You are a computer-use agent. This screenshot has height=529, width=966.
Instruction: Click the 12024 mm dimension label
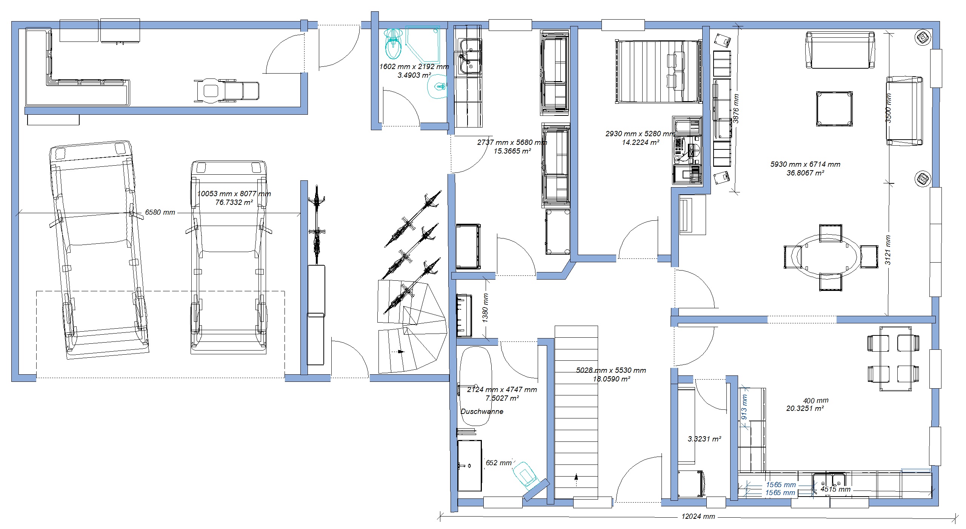[698, 517]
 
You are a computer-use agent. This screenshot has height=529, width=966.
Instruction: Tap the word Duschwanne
[482, 412]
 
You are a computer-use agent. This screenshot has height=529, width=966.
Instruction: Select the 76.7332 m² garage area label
[234, 202]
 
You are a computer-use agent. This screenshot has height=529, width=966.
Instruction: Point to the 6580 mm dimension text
[160, 212]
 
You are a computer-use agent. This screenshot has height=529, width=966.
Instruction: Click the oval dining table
[826, 257]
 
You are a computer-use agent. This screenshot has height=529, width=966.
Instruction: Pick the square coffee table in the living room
[834, 109]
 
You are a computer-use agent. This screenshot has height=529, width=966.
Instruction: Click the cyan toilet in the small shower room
[394, 44]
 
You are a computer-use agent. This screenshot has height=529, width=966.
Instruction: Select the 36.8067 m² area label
[805, 173]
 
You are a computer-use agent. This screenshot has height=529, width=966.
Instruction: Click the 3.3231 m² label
[704, 439]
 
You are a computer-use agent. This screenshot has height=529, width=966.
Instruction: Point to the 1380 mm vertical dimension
[485, 308]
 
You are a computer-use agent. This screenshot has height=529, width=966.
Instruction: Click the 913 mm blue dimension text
[744, 407]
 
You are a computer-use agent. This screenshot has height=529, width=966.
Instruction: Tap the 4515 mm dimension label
[835, 489]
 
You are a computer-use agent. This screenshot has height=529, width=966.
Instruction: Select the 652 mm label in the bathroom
[498, 463]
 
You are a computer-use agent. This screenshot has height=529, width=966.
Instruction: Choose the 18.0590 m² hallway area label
[611, 379]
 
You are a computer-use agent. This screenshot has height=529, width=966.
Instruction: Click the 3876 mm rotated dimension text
[735, 109]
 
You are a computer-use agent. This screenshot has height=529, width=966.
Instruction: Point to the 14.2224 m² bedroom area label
[640, 142]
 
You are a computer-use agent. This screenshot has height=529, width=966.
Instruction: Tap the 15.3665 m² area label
[512, 151]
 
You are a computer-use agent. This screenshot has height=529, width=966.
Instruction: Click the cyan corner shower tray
[423, 44]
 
